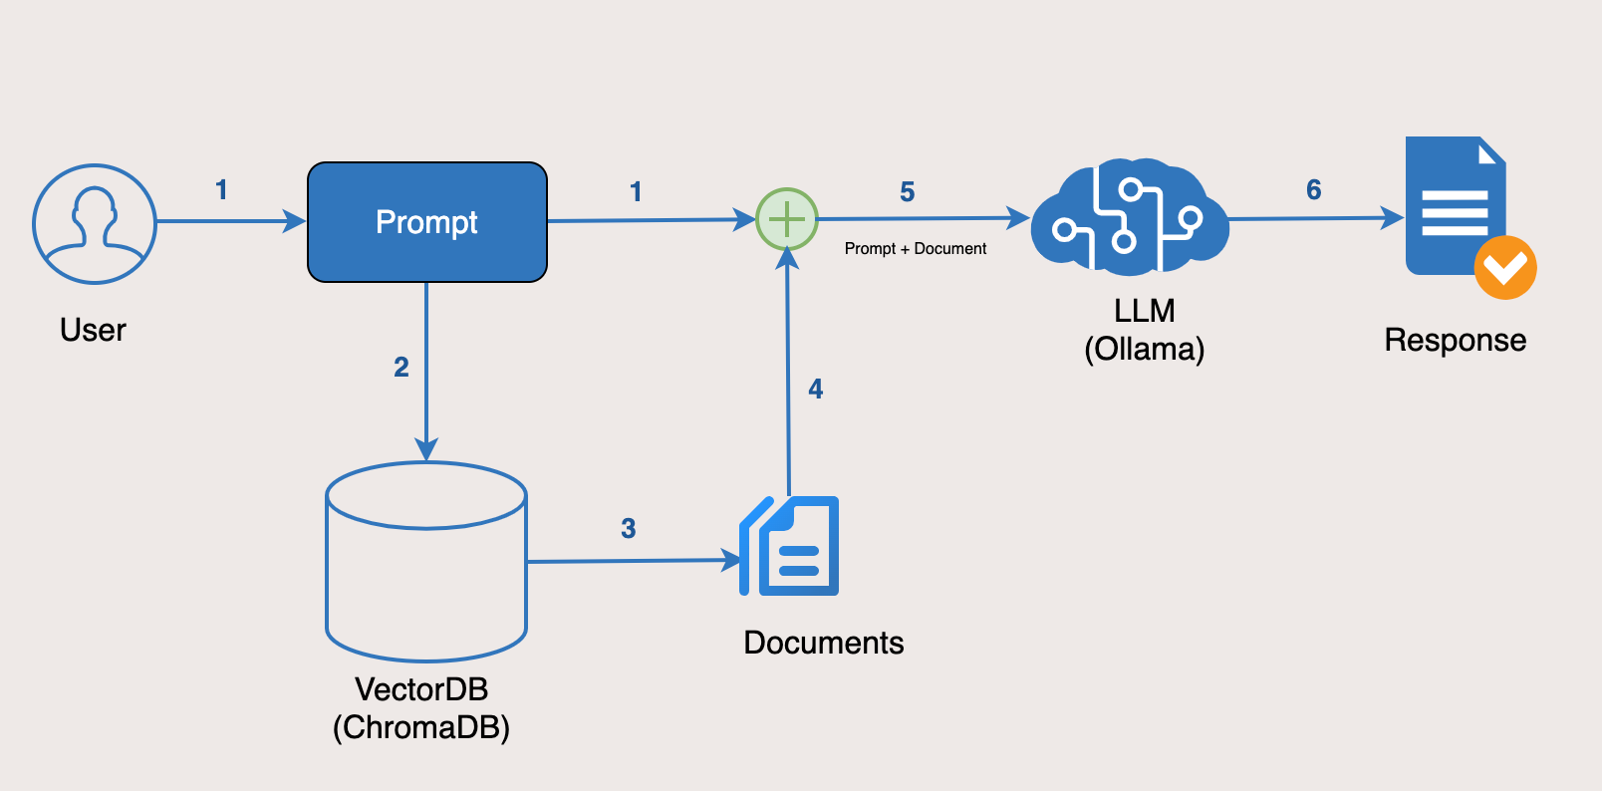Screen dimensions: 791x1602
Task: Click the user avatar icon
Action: click(x=95, y=224)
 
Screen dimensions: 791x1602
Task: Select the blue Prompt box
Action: click(x=426, y=222)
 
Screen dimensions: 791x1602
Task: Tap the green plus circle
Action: click(x=787, y=219)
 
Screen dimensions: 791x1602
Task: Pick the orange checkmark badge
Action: click(x=1504, y=267)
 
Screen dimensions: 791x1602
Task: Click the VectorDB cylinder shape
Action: click(x=426, y=563)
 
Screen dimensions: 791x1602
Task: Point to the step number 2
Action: click(x=401, y=368)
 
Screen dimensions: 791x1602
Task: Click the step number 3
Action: click(x=628, y=529)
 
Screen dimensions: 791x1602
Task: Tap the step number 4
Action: click(x=816, y=390)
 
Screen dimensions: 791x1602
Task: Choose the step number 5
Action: click(x=907, y=192)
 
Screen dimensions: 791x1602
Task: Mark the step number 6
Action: click(x=1314, y=190)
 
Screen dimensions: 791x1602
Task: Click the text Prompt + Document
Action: click(x=915, y=249)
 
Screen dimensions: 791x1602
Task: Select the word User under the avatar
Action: click(x=93, y=330)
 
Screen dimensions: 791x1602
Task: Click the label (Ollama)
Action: click(x=1144, y=350)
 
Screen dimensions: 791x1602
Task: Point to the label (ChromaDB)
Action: click(x=421, y=727)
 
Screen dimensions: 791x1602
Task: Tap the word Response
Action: click(x=1455, y=341)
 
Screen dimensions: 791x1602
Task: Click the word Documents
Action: click(x=823, y=643)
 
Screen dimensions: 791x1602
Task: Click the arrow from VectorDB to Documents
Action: click(x=633, y=561)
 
